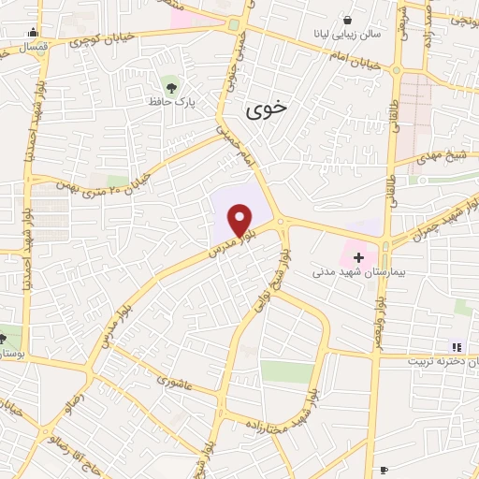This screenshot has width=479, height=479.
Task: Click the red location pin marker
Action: click(240, 221)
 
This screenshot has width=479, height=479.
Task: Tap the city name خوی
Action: click(268, 109)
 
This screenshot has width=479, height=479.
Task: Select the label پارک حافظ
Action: click(169, 99)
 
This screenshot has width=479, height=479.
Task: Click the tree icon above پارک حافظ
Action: click(169, 82)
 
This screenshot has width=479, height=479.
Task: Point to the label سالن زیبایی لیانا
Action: click(347, 35)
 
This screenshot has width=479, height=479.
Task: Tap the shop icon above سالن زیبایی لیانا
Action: click(348, 19)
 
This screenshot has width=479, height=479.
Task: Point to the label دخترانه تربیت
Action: click(445, 360)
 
